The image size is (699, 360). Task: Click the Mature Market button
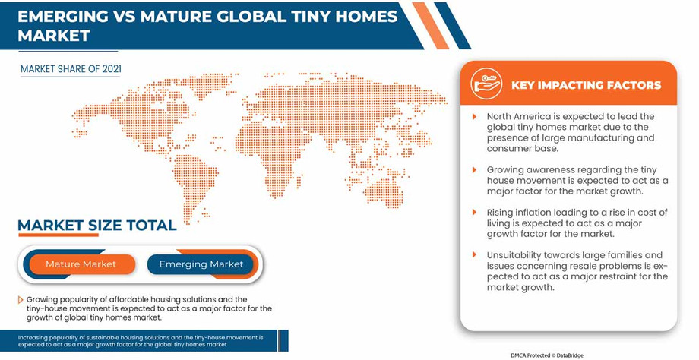(x=81, y=264)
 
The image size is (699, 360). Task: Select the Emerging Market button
(x=201, y=264)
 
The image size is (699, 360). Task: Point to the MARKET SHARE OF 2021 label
(x=71, y=69)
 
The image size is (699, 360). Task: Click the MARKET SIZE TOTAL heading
(x=96, y=226)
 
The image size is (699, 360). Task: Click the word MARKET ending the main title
(x=53, y=36)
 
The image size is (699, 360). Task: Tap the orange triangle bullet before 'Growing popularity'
(x=21, y=300)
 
